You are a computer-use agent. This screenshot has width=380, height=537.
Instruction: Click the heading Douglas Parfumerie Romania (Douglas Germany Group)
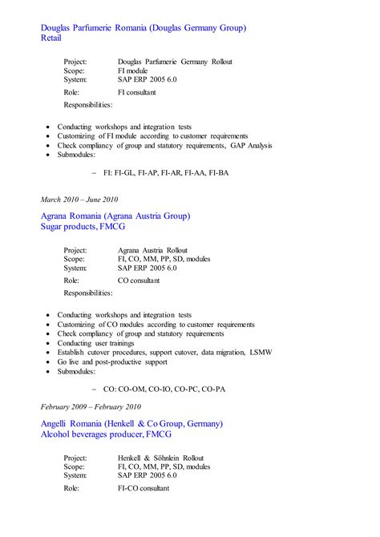(x=143, y=28)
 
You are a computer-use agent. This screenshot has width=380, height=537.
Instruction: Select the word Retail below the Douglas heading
(x=51, y=38)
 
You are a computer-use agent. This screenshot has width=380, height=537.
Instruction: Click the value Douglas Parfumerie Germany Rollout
(x=174, y=62)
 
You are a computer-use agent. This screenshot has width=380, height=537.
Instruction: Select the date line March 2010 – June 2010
(x=79, y=200)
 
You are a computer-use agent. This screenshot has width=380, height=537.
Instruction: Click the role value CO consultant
(x=138, y=281)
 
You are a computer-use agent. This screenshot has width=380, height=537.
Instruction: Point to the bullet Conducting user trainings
(x=97, y=343)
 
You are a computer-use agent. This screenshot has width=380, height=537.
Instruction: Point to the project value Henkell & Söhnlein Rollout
(x=160, y=458)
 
